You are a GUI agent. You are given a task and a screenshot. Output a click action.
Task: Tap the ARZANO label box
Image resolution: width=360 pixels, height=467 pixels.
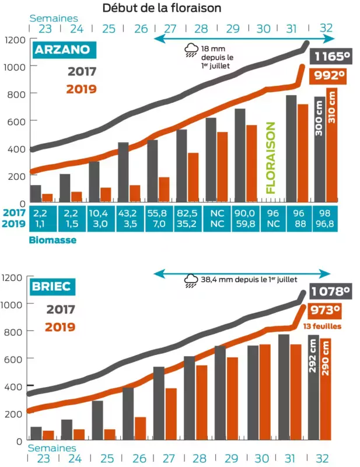[x=62, y=50]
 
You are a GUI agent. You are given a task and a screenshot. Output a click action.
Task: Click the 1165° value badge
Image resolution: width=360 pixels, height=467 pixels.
[x=333, y=57]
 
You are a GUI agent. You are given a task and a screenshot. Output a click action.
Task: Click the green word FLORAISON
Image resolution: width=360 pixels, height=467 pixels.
[x=271, y=157]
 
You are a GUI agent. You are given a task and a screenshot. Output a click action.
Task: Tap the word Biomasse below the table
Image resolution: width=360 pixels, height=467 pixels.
[x=53, y=239]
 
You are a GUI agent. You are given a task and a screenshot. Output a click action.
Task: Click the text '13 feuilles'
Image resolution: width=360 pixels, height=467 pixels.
[x=323, y=326]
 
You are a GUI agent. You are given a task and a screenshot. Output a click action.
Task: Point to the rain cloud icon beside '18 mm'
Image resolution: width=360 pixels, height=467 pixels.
[x=191, y=51]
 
